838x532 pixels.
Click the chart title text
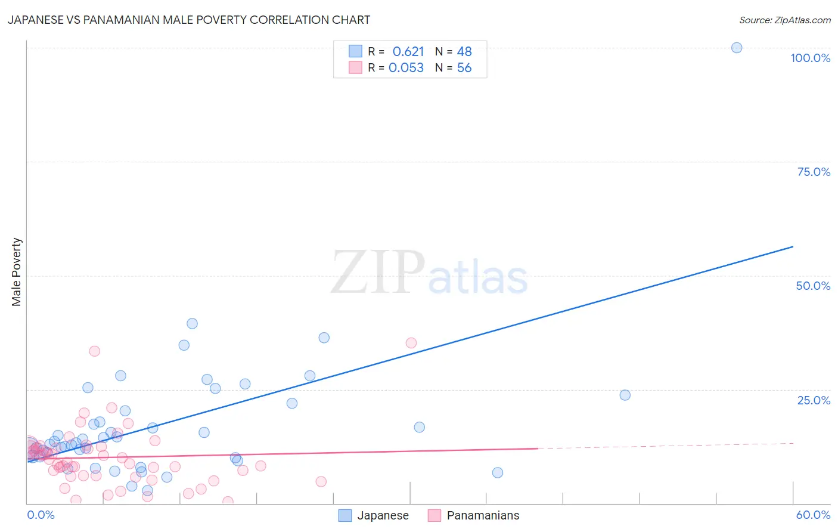[x=189, y=20]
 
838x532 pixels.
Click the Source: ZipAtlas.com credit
[x=784, y=20]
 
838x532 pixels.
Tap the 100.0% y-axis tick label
[x=810, y=58]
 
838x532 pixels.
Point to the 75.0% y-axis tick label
[x=814, y=172]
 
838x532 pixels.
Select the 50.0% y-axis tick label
[x=813, y=286]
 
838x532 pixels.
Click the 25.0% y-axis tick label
[x=814, y=400]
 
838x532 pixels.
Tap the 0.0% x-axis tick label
[x=41, y=515]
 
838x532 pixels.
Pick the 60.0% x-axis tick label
[x=813, y=515]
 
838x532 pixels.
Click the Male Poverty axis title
[x=16, y=272]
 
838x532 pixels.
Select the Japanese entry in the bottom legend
[x=374, y=515]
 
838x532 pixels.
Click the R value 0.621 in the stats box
[x=408, y=51]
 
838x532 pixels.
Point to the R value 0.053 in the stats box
[x=406, y=67]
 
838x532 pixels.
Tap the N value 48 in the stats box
[x=464, y=51]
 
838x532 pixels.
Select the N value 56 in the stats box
[x=464, y=67]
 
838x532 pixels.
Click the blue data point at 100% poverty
[x=737, y=48]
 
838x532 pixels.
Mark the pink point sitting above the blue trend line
[x=411, y=343]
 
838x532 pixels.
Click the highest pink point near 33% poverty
[x=94, y=351]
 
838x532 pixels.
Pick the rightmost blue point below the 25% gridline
[x=625, y=395]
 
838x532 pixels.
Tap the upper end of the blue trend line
[x=793, y=246]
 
